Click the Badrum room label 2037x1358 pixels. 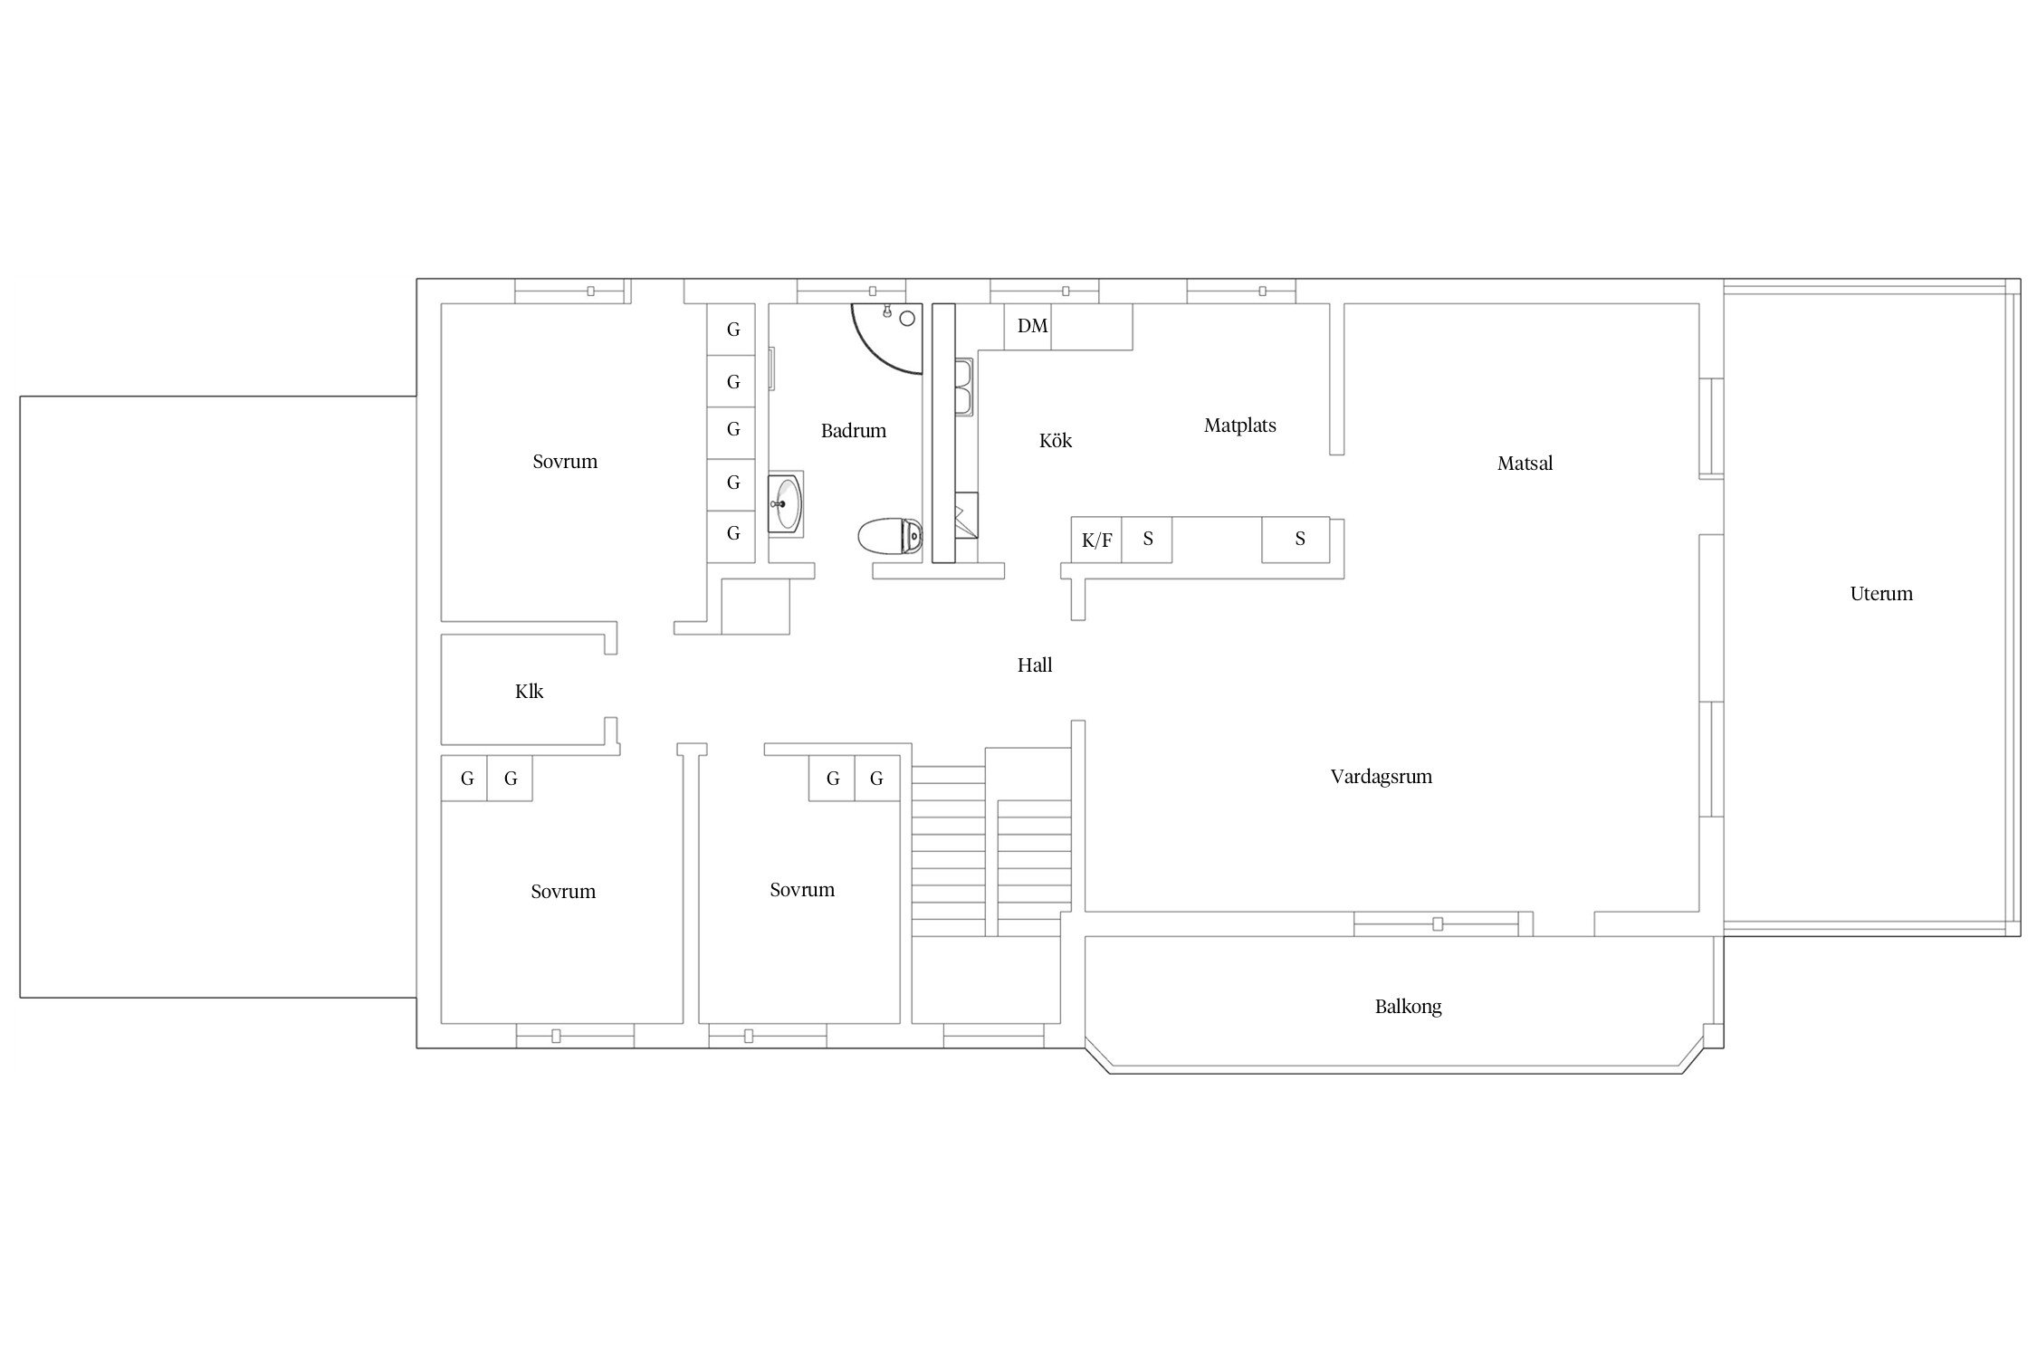click(853, 431)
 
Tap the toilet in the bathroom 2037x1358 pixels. click(890, 536)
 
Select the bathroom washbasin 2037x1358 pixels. click(785, 502)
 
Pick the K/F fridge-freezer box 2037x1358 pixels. click(1096, 540)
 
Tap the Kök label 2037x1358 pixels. click(1056, 441)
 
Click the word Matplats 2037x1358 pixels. click(1239, 426)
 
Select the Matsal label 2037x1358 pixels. click(1525, 464)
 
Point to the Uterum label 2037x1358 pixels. click(1881, 594)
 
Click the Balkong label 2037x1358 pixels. click(1408, 1007)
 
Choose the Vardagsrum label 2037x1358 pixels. click(1381, 777)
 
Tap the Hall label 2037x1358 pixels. click(1035, 665)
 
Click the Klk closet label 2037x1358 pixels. click(529, 692)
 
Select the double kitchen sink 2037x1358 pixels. click(964, 387)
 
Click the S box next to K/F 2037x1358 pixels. click(1147, 540)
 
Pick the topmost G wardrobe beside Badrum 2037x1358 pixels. click(732, 330)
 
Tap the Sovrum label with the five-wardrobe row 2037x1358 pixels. click(565, 462)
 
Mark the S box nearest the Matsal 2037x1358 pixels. click(1296, 540)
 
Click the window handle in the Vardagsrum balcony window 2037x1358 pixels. click(1438, 924)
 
